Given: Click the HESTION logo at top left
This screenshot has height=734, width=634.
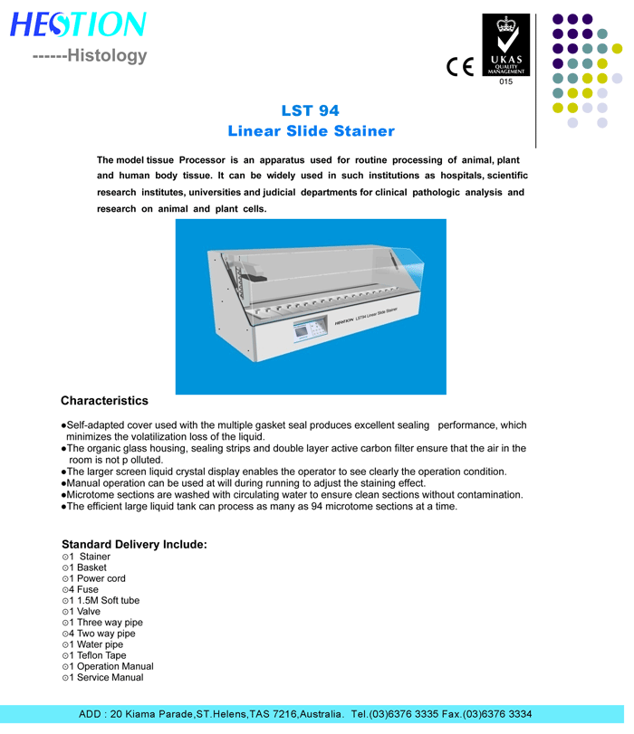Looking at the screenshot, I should pyautogui.click(x=77, y=24).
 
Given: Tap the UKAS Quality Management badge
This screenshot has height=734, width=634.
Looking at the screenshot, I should pyautogui.click(x=505, y=45).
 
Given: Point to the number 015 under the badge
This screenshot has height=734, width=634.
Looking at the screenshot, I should pyautogui.click(x=505, y=82).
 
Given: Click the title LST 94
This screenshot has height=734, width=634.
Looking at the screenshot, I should pyautogui.click(x=310, y=110).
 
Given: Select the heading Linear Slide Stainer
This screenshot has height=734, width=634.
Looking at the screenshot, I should pyautogui.click(x=311, y=131).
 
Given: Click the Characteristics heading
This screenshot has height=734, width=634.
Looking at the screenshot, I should pyautogui.click(x=104, y=400).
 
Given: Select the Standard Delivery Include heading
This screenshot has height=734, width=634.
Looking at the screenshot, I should pyautogui.click(x=134, y=544).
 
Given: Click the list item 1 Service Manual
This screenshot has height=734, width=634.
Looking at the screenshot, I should pyautogui.click(x=102, y=677).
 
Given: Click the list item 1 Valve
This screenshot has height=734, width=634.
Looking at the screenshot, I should pyautogui.click(x=82, y=612).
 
